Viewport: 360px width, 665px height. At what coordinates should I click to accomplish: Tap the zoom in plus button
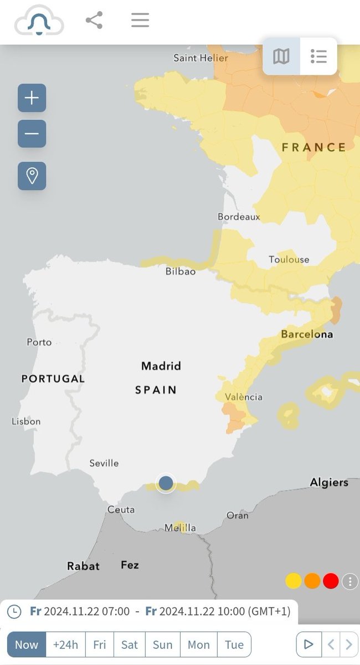click(x=32, y=98)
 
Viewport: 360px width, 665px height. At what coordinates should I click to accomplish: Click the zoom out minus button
click(x=32, y=134)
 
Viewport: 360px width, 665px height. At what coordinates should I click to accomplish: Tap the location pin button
click(x=32, y=176)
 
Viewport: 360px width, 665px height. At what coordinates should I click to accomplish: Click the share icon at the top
click(x=94, y=21)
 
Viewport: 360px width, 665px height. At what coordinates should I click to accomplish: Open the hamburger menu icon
click(x=140, y=21)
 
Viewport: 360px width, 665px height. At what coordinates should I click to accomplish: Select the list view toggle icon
click(x=318, y=56)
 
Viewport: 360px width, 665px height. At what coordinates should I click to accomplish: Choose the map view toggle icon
click(x=281, y=56)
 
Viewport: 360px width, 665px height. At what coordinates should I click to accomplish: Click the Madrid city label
click(x=161, y=366)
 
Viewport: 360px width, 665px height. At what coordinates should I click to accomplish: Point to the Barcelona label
click(x=307, y=334)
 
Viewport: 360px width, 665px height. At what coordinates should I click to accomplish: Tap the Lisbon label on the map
click(x=26, y=421)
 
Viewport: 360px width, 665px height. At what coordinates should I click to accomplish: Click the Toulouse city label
click(x=289, y=259)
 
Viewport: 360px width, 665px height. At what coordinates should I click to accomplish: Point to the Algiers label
click(x=329, y=482)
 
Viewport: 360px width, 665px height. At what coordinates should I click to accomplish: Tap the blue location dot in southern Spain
click(x=166, y=483)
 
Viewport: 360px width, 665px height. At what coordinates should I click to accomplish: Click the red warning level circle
click(x=331, y=581)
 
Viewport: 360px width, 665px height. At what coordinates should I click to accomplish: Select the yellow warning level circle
click(x=294, y=581)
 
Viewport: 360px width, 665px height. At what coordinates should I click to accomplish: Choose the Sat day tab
click(x=130, y=644)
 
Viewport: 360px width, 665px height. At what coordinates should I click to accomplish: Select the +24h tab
click(x=65, y=644)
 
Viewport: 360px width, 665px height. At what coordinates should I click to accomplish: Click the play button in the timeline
click(x=308, y=644)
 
